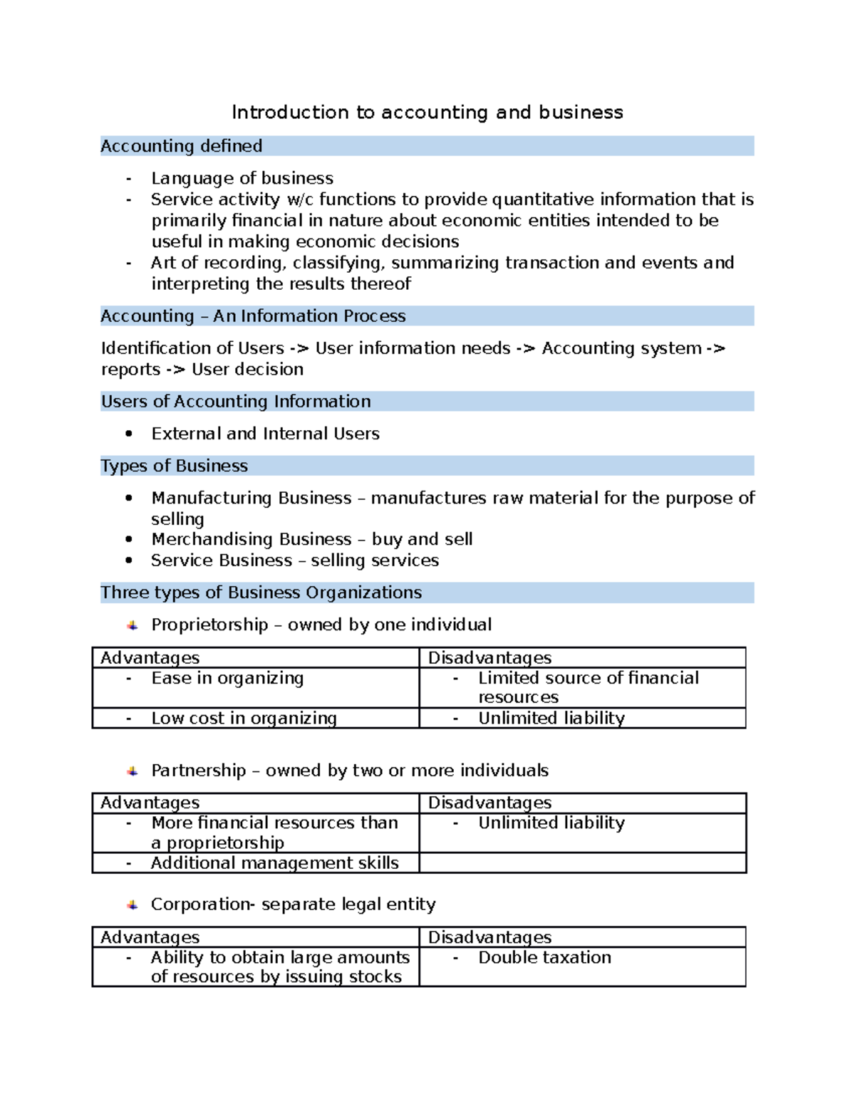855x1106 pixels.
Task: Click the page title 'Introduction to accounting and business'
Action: [427, 113]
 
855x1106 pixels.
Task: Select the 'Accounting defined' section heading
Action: [182, 146]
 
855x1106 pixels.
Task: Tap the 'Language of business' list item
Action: [242, 178]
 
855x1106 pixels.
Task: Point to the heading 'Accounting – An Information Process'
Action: [253, 316]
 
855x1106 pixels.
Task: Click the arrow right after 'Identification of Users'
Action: [299, 348]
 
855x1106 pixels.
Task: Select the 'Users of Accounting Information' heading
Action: [236, 402]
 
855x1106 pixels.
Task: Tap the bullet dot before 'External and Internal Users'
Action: [129, 434]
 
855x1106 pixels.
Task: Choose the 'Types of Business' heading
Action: [175, 466]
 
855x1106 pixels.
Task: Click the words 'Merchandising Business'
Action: [252, 539]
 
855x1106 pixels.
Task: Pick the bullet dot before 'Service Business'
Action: [129, 560]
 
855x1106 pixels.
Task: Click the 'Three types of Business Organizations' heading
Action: [261, 593]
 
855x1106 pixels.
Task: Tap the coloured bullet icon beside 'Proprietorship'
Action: [133, 625]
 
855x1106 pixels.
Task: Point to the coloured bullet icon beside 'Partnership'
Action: [133, 771]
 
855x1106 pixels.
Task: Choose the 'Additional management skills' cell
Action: [274, 863]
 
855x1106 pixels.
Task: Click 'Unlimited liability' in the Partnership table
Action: [551, 823]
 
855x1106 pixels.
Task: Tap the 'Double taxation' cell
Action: [544, 958]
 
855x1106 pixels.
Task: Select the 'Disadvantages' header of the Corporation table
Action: [489, 937]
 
